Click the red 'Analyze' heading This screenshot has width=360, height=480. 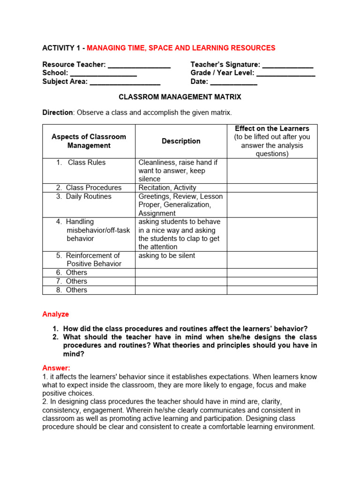(56, 314)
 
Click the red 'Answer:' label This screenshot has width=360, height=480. (56, 368)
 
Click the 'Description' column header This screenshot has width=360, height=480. (181, 141)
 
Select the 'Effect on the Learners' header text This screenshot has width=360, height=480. (272, 128)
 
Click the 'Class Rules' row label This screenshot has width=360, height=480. (86, 163)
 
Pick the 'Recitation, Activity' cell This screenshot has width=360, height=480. (166, 187)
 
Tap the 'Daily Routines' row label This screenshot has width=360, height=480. (88, 196)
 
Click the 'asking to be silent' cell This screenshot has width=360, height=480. (166, 255)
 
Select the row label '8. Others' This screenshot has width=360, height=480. (76, 290)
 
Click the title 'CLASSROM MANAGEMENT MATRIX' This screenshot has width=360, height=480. (180, 97)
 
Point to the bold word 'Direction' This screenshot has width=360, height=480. (58, 112)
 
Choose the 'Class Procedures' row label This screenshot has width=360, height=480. (93, 187)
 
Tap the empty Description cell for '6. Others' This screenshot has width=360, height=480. (181, 272)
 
